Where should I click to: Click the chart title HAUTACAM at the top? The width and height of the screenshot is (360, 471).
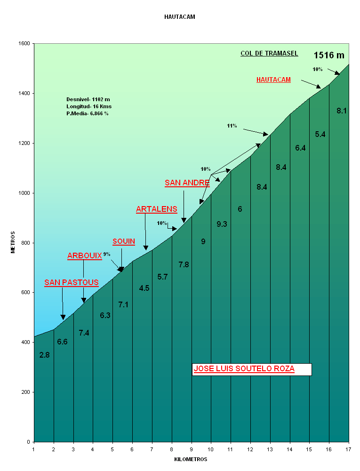(180, 17)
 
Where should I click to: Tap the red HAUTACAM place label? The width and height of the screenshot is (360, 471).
(273, 80)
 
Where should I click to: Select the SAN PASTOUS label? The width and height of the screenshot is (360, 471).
(72, 283)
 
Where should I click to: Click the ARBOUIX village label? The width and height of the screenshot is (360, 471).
(85, 256)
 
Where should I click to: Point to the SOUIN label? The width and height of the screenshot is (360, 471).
(124, 242)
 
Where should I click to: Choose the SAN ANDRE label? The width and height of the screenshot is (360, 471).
(187, 183)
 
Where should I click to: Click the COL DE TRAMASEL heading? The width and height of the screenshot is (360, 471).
(269, 54)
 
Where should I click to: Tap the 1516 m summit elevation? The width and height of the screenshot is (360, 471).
(329, 56)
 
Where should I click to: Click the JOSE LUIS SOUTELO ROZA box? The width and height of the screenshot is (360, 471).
(252, 369)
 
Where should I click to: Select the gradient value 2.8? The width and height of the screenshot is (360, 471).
(45, 355)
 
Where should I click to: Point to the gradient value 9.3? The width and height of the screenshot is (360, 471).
(222, 224)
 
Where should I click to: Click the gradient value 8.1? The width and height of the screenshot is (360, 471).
(342, 111)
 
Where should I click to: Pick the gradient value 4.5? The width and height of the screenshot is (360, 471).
(144, 288)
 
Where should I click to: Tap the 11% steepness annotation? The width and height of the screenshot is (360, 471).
(232, 126)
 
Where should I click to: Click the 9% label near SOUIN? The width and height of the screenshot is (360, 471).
(107, 255)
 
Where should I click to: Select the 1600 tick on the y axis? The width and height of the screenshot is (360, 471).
(24, 44)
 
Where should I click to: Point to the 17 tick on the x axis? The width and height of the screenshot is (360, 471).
(349, 449)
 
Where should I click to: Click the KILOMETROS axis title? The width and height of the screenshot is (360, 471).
(191, 459)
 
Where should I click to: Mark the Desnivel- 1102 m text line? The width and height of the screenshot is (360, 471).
(88, 99)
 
